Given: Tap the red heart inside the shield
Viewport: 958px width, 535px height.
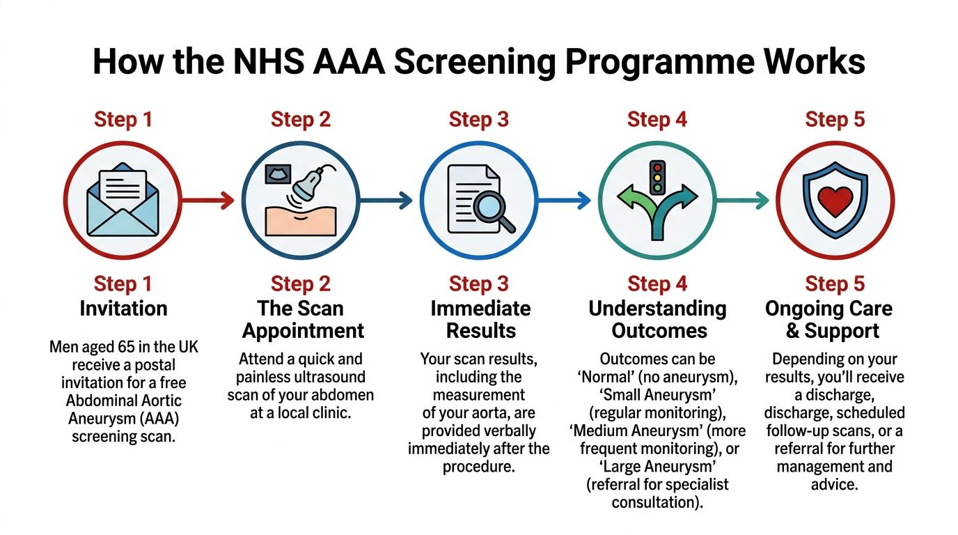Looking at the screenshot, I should (835, 201).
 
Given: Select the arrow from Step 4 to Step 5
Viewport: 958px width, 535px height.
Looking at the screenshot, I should (742, 201).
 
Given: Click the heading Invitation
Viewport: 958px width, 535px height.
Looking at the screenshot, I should (123, 309).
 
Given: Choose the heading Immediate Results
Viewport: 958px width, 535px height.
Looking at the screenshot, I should (480, 319).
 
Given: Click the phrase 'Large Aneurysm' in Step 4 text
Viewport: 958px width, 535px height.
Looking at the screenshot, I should (657, 466).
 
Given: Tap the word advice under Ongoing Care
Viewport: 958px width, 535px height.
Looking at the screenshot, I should (834, 483).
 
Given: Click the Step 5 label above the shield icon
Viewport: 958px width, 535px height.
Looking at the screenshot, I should (835, 119).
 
